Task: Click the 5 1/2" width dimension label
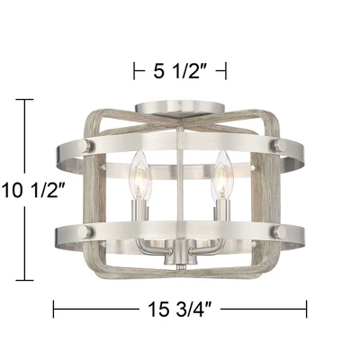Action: click(x=180, y=69)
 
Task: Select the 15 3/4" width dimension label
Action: click(x=180, y=310)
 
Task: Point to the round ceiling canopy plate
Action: click(x=180, y=110)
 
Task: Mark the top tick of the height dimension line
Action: click(x=24, y=100)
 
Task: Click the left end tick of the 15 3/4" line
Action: click(x=55, y=310)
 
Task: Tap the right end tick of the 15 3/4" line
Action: click(x=305, y=310)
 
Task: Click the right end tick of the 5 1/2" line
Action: click(x=226, y=69)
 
